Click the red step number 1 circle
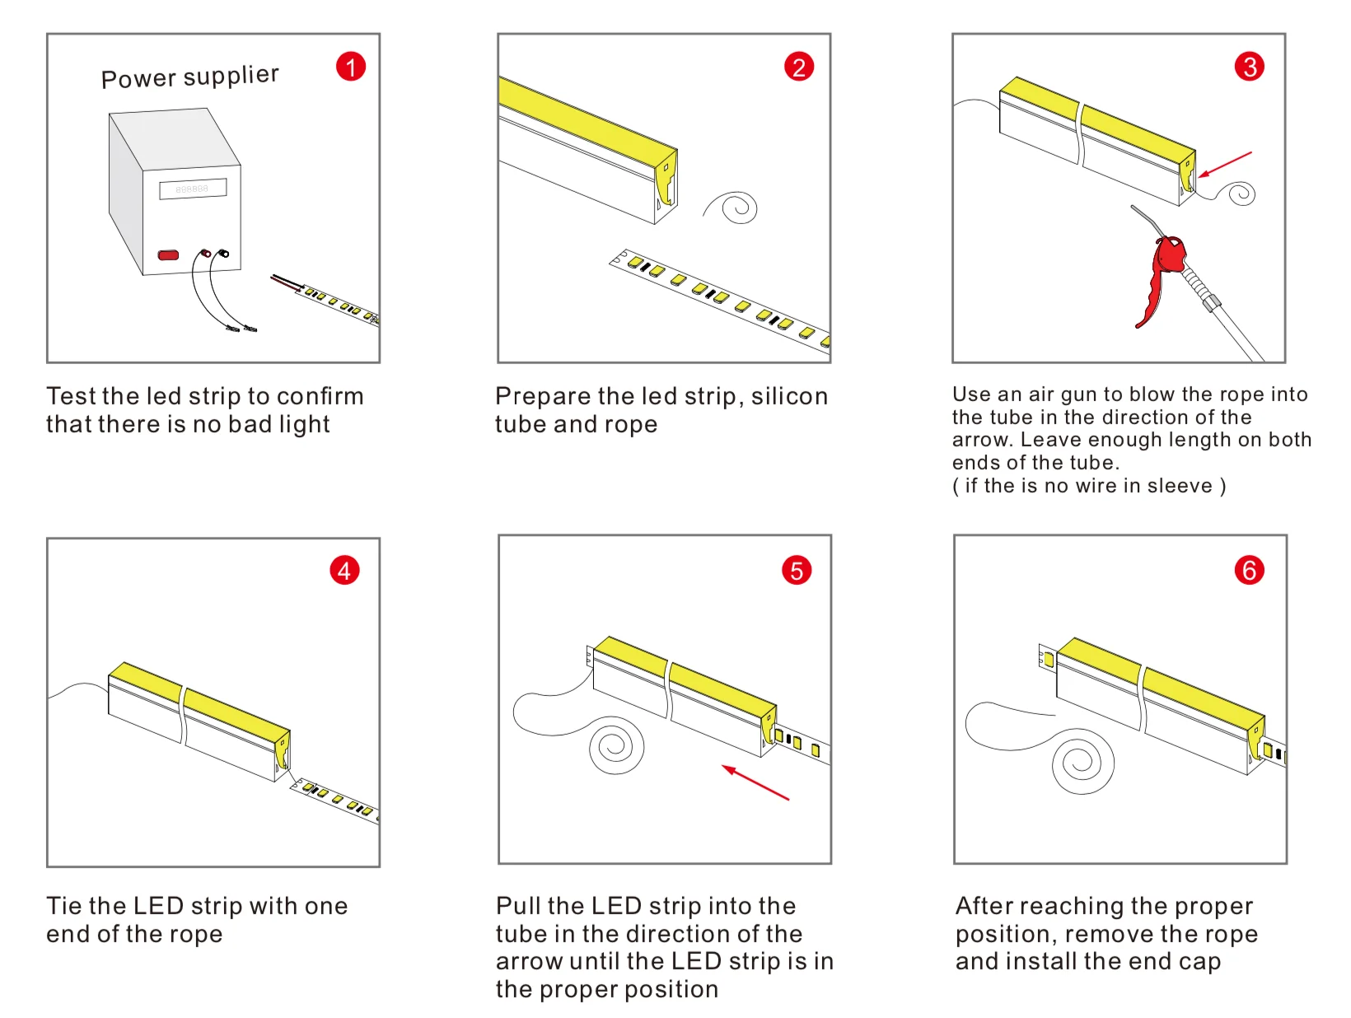coord(351,67)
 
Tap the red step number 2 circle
coord(799,67)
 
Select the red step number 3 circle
coord(1250,67)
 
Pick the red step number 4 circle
coord(344,570)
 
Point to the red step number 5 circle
coord(797,570)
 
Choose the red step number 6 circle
coord(1249,570)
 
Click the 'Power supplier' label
coord(189,77)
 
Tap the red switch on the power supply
coord(168,254)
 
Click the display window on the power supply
coord(193,189)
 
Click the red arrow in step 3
coord(1225,164)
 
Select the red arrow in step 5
coord(755,782)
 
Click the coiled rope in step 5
coord(615,746)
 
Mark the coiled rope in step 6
coord(1081,762)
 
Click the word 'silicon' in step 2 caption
coord(789,396)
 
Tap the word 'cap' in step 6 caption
coord(1199,962)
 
